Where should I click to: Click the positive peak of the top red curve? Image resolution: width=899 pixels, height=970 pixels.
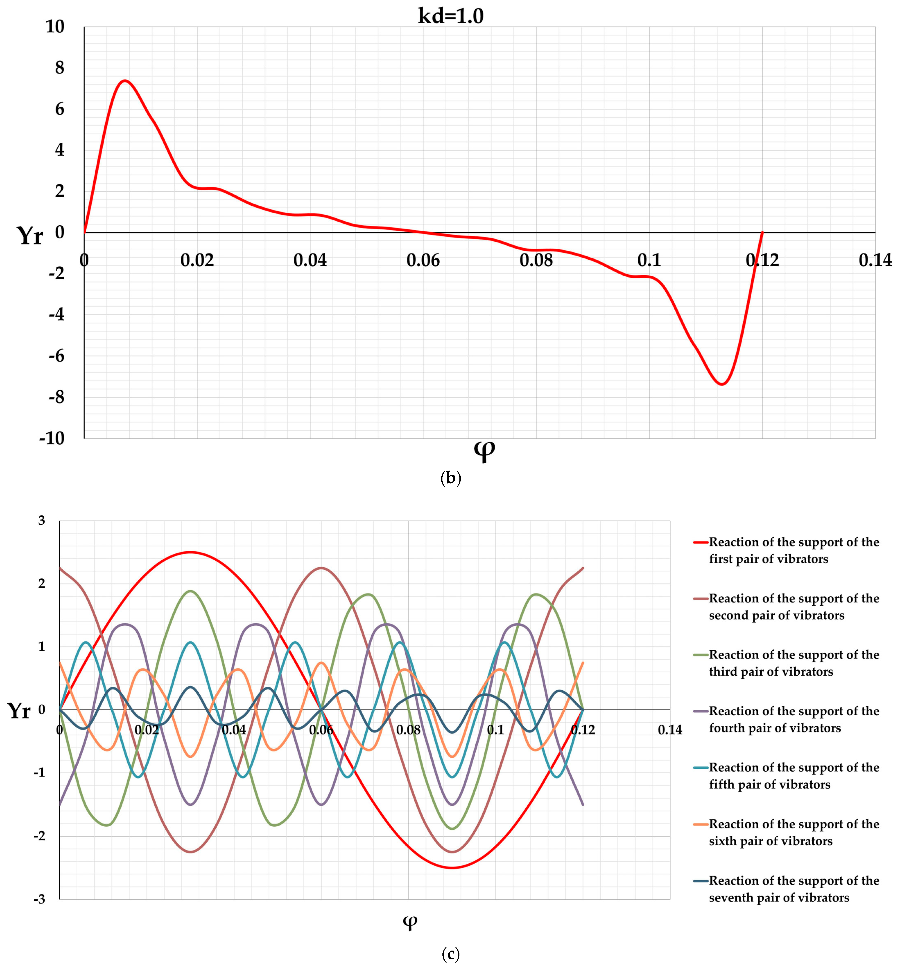point(125,81)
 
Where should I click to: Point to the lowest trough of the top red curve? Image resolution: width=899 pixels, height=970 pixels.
point(722,384)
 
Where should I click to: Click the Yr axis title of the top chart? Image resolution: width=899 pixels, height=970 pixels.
point(30,236)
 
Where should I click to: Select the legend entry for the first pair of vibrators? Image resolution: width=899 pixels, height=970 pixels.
point(793,550)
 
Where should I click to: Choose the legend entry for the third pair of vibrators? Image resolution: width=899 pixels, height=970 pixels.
point(793,663)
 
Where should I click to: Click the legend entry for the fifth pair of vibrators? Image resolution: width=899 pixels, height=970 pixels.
point(793,776)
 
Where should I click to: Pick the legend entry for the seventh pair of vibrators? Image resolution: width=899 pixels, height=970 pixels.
point(793,889)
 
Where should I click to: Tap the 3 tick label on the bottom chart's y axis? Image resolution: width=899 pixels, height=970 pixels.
point(42,521)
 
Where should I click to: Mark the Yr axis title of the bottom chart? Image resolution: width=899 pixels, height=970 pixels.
point(19,711)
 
